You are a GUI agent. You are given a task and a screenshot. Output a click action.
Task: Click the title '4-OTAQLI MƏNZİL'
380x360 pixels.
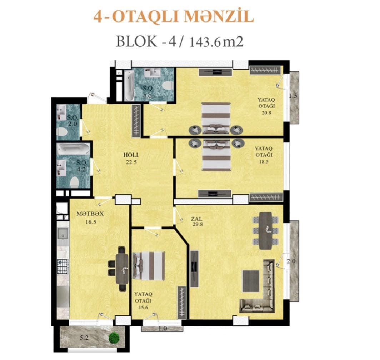point(174,17)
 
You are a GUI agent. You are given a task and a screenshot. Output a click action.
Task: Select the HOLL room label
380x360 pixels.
point(131,155)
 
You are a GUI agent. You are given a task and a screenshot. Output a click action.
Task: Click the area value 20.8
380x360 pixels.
point(266,112)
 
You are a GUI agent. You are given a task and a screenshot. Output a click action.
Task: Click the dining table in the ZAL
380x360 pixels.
point(265,231)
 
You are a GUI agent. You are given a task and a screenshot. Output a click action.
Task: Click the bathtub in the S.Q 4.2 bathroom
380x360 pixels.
point(74,149)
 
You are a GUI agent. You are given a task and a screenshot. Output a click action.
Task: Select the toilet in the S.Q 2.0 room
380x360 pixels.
point(62,132)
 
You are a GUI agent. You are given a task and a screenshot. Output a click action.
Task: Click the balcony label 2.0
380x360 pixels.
point(291,261)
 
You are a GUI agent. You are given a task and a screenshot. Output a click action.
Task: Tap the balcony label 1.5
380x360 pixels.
point(292,96)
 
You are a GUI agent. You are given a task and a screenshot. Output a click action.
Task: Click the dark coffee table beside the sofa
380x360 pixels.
point(251,281)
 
